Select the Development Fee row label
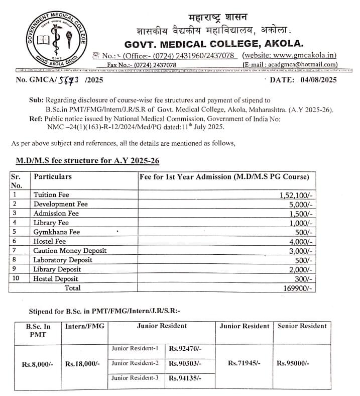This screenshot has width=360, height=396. pos(60,204)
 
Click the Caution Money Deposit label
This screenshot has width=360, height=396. pos(70,250)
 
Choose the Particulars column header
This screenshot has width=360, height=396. pos(52,177)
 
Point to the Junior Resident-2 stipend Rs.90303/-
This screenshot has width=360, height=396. pos(185,363)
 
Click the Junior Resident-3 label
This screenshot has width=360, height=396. pos(135,378)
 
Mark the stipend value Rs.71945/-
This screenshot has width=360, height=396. pos(244,363)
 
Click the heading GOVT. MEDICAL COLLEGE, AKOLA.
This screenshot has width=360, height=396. pos(214,43)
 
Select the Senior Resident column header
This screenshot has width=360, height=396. pos(302,326)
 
